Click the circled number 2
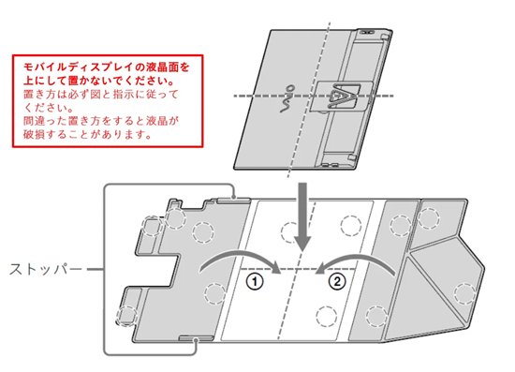click(x=339, y=280)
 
